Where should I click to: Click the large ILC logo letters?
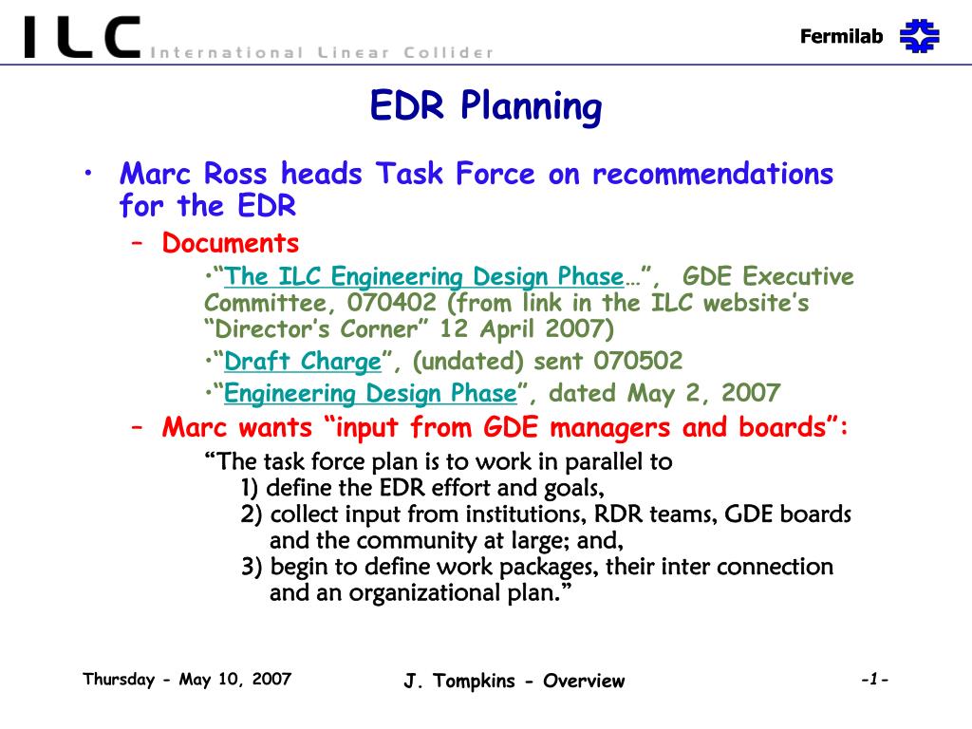point(82,37)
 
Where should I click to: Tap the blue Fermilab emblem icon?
point(919,36)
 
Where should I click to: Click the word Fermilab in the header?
point(841,37)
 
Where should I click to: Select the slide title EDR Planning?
point(485,105)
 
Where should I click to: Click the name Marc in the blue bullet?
point(155,174)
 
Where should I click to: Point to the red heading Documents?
point(231,243)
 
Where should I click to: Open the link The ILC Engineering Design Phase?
point(424,276)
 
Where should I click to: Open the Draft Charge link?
point(303,362)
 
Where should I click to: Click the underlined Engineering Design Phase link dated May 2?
point(370,394)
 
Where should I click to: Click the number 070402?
point(392,303)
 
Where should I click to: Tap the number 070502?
point(638,361)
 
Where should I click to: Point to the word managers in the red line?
point(610,428)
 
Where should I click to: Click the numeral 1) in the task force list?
point(250,488)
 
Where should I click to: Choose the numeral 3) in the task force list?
point(252,567)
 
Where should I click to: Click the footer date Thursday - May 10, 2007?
point(187,680)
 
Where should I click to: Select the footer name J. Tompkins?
point(459,681)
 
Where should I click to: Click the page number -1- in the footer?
point(874,680)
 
